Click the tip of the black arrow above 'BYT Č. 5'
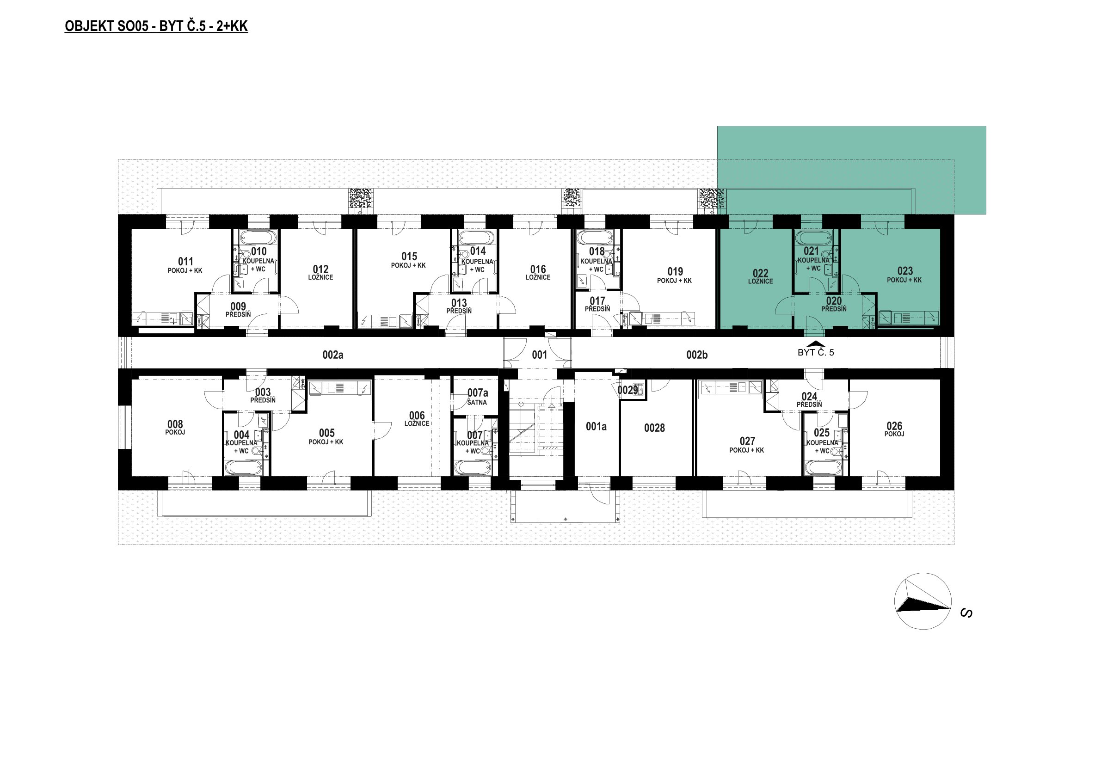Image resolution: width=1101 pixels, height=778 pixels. pyautogui.click(x=815, y=341)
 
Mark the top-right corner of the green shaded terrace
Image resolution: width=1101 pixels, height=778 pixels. pyautogui.click(x=986, y=126)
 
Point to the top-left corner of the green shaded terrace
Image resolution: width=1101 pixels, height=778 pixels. pyautogui.click(x=717, y=126)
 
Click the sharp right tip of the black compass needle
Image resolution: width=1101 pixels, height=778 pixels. pyautogui.click(x=950, y=608)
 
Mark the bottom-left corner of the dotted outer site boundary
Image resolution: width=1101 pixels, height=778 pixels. pyautogui.click(x=118, y=545)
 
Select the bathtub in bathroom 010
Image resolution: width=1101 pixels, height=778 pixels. pyautogui.click(x=256, y=237)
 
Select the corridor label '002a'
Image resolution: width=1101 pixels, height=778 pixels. pyautogui.click(x=333, y=355)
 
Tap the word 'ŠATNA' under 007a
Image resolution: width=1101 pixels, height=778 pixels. pyautogui.click(x=477, y=402)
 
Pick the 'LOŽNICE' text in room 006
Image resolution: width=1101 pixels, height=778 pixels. pyautogui.click(x=417, y=423)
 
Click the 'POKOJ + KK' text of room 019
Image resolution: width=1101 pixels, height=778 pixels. pyautogui.click(x=674, y=281)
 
